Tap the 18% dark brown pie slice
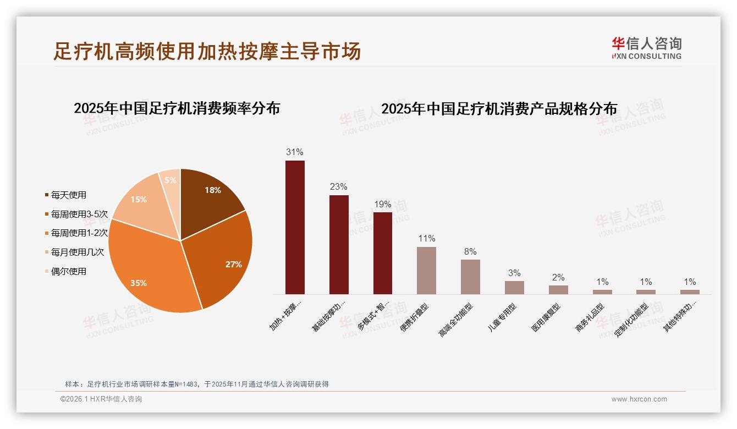pos(209,198)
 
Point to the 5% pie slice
pos(170,184)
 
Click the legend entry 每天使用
pos(69,195)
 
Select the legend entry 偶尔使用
pos(69,272)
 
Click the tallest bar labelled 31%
pos(295,227)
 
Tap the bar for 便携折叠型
pos(426,271)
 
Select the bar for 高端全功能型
pos(470,277)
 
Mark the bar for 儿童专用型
pos(514,288)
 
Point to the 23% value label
pos(339,187)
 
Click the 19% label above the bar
pos(382,205)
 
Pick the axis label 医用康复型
pos(546,317)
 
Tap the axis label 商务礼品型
pos(590,317)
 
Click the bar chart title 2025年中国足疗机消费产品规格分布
pos(499,109)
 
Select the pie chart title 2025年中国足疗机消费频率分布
pos(177,108)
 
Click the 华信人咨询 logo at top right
pos(646,48)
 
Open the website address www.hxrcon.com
pos(639,399)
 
